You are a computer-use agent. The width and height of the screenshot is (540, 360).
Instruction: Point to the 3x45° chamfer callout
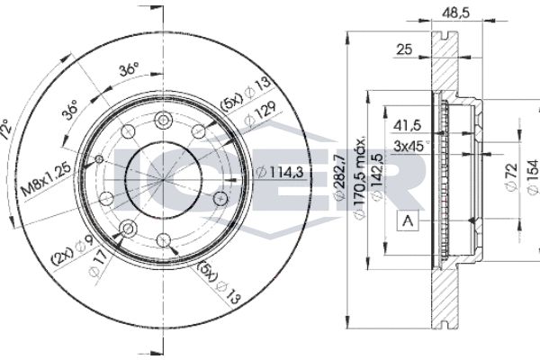pos(411,145)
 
